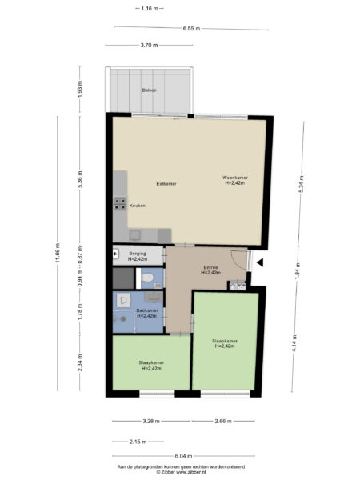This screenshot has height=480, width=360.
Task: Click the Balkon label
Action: [150, 90]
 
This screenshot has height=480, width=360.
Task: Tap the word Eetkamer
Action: [166, 184]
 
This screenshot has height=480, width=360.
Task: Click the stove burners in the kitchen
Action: [119, 203]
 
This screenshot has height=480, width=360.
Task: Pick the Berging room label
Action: [138, 255]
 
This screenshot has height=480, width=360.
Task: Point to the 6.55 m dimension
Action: [190, 29]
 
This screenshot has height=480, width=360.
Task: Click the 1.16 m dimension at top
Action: [148, 8]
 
